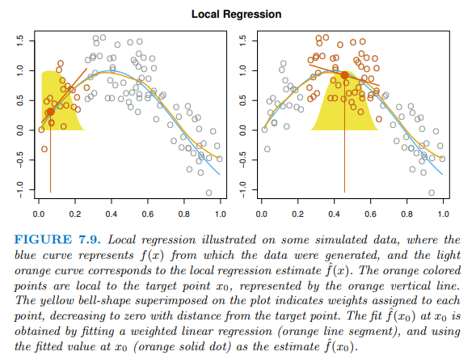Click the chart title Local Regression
pyautogui.click(x=237, y=15)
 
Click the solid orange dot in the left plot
pyautogui.click(x=50, y=112)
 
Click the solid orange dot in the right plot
pyautogui.click(x=345, y=75)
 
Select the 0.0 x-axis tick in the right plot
pyautogui.click(x=261, y=214)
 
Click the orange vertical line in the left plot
pyautogui.click(x=50, y=162)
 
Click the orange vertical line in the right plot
pyautogui.click(x=345, y=162)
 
